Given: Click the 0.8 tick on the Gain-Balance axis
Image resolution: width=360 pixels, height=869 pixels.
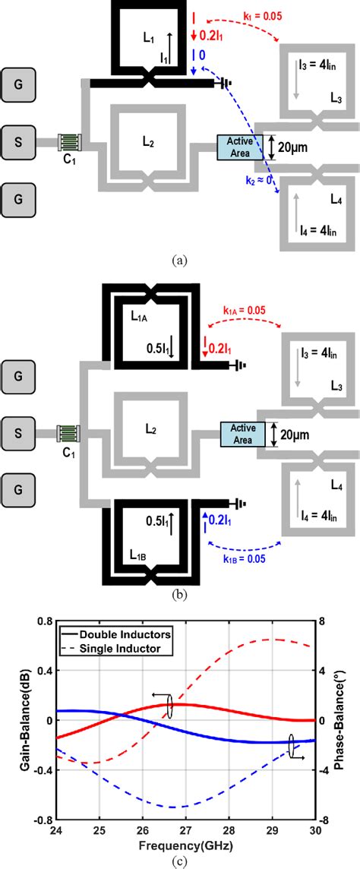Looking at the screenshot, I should pos(36,622).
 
